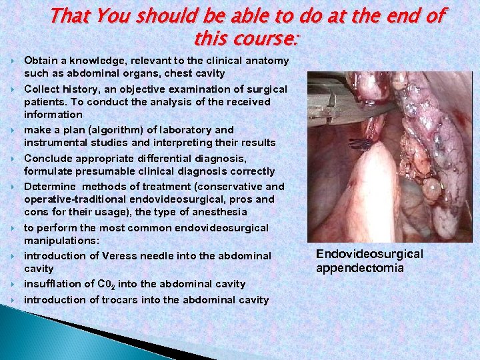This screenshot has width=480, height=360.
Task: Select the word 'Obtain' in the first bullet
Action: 41,61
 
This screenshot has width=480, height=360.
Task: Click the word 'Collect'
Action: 42,89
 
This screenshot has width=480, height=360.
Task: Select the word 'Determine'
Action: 49,187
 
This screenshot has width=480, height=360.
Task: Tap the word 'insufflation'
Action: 52,284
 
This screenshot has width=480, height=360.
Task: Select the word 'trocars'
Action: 119,300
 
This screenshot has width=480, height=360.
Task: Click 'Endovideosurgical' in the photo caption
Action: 369,254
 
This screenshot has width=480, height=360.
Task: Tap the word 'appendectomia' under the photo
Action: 359,268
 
